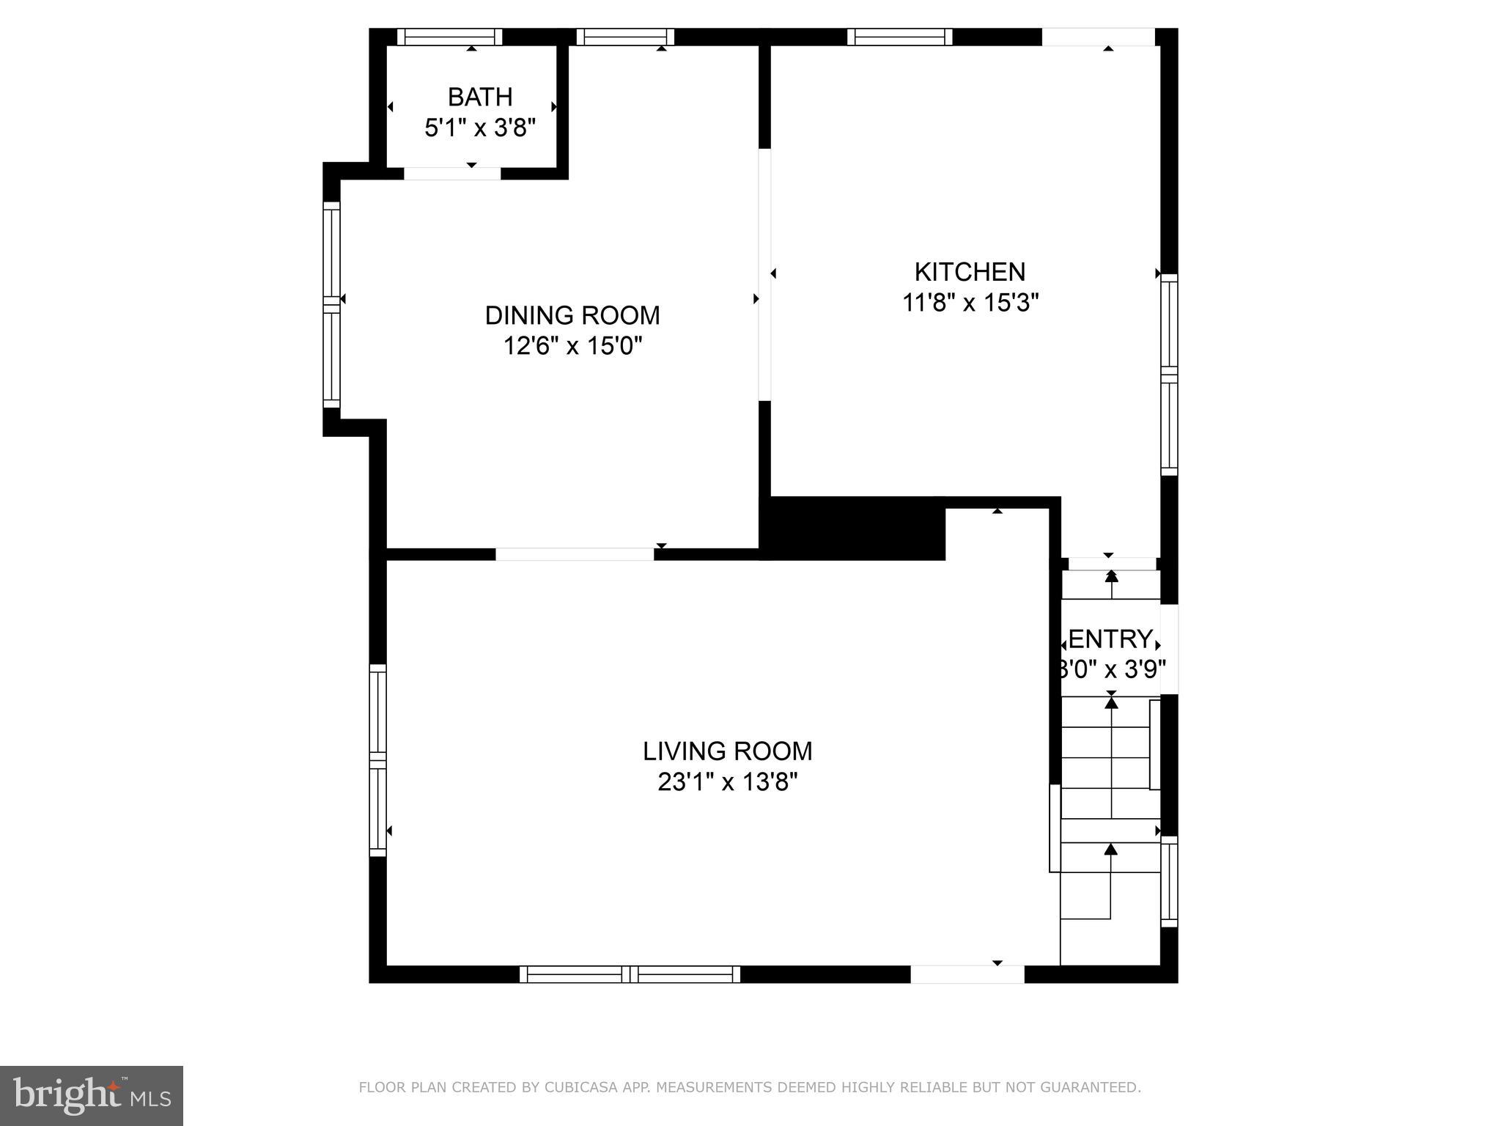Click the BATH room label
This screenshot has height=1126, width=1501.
[480, 97]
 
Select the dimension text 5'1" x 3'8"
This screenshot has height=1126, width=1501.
[480, 128]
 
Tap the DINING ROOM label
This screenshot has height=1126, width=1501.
[572, 315]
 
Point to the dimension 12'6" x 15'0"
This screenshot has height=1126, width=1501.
[572, 345]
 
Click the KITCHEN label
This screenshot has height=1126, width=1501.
[970, 272]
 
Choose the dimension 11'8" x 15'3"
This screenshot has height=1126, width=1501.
[970, 303]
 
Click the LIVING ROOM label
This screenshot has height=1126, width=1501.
[727, 751]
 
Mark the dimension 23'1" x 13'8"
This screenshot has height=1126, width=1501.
[727, 782]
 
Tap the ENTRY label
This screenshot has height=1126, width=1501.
[1110, 639]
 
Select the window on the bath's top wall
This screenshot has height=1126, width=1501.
[450, 37]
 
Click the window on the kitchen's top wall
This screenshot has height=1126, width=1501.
[899, 37]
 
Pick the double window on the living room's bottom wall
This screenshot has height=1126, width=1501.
[630, 974]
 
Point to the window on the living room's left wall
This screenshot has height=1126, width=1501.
[377, 759]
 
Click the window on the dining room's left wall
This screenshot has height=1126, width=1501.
[332, 304]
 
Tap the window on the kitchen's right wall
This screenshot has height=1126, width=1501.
[1169, 374]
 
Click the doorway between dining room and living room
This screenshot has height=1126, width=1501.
[575, 554]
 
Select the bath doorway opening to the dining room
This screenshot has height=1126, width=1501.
[452, 174]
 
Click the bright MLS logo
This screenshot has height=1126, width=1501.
[91, 1096]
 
